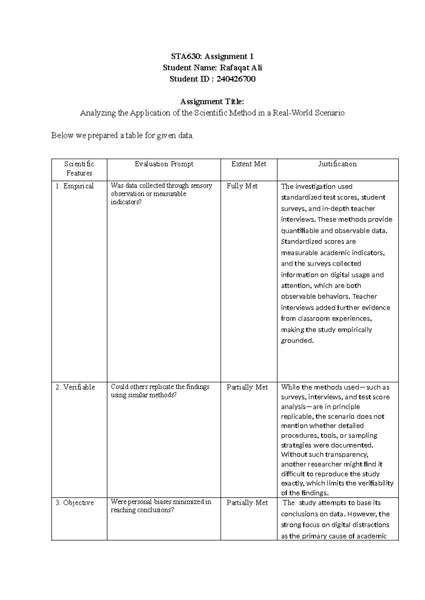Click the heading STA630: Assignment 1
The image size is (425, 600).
[x=212, y=57]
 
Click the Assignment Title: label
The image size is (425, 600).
[x=212, y=102]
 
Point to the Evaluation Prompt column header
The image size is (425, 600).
[x=164, y=164]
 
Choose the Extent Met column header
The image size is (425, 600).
[x=249, y=164]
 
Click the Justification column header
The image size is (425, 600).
[x=337, y=164]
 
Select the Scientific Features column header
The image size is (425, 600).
[x=79, y=169]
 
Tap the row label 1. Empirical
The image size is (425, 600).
[x=75, y=186]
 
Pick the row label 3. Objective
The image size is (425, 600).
[x=75, y=503]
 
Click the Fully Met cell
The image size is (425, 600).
[x=242, y=186]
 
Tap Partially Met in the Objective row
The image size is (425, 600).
[x=247, y=503]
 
